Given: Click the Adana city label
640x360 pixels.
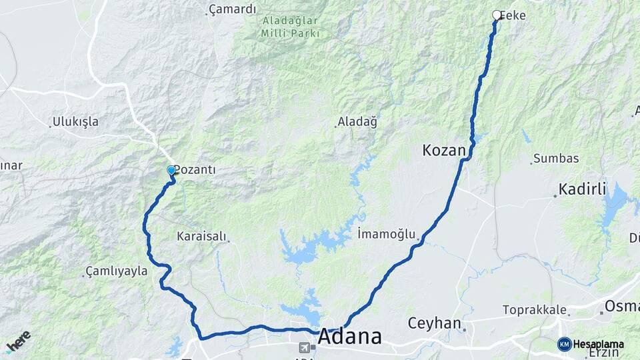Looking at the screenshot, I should point(350,337).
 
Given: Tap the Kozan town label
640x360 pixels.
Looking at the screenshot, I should point(443,151).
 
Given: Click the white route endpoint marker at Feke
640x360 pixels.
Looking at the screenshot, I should point(496,15).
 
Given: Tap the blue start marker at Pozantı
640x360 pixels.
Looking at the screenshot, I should point(171,171).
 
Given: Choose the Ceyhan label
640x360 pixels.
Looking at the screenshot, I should point(435,324).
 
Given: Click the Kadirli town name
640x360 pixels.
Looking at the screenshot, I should point(582,189).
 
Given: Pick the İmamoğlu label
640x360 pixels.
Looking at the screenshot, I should point(387,234).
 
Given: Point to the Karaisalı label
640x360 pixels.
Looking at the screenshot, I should point(201,236).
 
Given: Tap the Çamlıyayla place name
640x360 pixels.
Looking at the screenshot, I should point(117,271).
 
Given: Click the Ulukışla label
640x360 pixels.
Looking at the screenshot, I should point(75,122).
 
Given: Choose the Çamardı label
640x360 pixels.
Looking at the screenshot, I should point(232,9).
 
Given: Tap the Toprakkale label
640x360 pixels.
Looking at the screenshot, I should point(535,310).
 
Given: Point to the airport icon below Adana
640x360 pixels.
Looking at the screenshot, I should point(305,347).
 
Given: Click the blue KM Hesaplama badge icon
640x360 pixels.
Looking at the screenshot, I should point(565,344).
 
